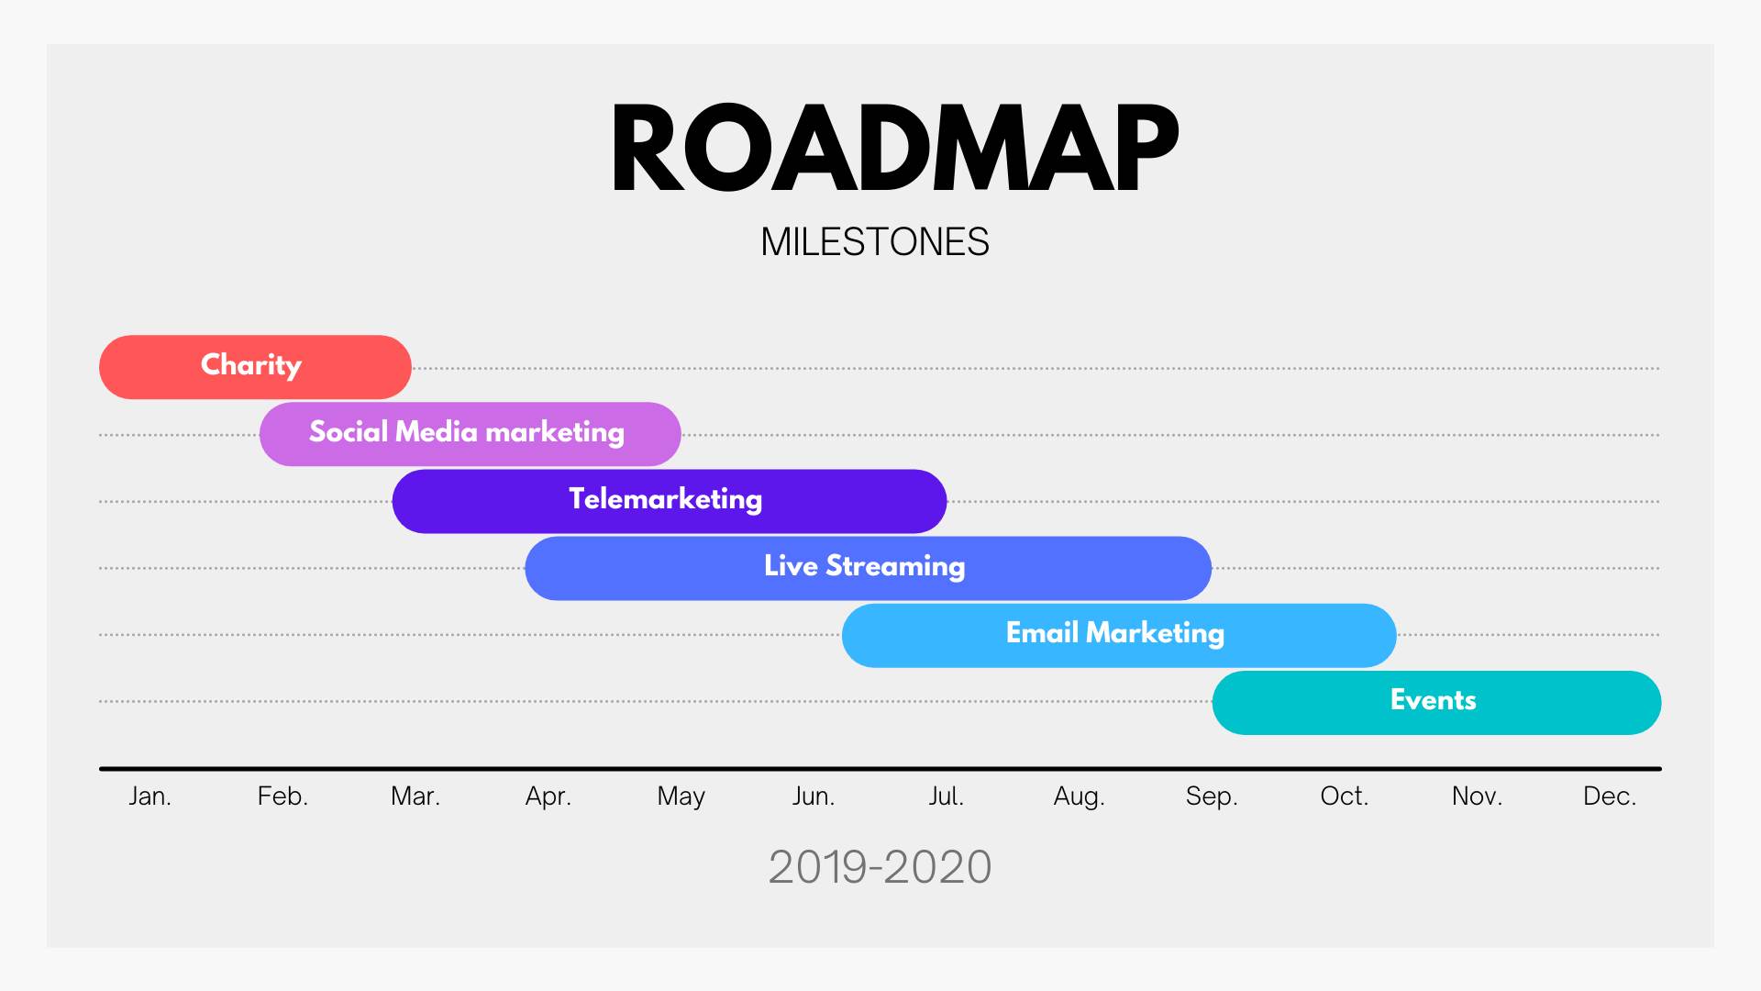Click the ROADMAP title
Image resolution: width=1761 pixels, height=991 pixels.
click(894, 148)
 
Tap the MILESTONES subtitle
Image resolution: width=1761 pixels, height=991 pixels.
click(875, 242)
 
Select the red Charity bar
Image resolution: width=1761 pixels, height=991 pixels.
click(255, 367)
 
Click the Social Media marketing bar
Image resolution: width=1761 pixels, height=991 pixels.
click(470, 434)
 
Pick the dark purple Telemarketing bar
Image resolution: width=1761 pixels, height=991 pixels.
click(670, 501)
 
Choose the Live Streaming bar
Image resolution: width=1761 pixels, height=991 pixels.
click(869, 568)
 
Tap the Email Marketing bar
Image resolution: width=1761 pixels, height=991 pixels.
click(1119, 635)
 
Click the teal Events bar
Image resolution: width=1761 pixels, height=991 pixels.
click(1436, 702)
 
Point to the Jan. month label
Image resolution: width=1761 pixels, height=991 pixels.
click(150, 796)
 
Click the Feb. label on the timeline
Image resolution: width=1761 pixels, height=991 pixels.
click(282, 796)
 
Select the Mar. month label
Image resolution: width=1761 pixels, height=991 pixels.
click(415, 796)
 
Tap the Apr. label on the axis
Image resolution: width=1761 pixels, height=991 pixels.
click(548, 796)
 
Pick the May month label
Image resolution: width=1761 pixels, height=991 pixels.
click(681, 796)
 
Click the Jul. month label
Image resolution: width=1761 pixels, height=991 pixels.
click(946, 796)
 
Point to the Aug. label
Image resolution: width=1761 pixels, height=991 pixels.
click(1079, 796)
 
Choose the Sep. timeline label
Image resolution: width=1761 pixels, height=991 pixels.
click(1212, 796)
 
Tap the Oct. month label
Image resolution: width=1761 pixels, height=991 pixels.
click(1344, 796)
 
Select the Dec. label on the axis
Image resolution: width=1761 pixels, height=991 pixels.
click(1610, 796)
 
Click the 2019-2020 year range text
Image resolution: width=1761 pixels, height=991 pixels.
click(880, 867)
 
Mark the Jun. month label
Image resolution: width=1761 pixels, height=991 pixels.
click(814, 796)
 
